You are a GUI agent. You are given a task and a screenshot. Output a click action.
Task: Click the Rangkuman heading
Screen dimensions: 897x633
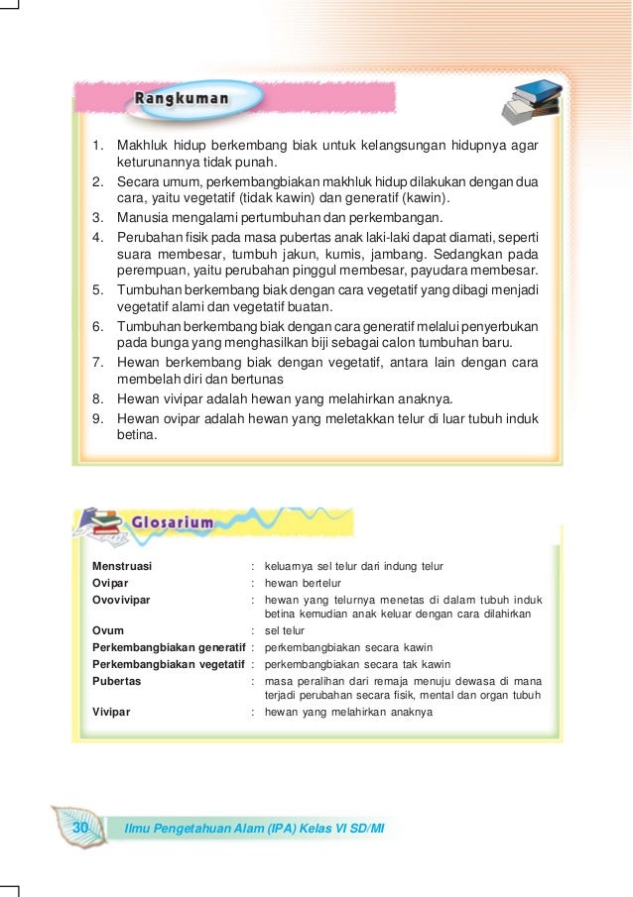click(182, 99)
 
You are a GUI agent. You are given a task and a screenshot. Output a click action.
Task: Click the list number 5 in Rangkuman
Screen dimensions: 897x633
click(98, 288)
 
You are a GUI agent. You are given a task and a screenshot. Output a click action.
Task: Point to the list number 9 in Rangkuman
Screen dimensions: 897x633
click(98, 418)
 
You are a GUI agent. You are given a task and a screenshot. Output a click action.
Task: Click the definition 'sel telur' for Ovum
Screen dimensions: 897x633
click(285, 630)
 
